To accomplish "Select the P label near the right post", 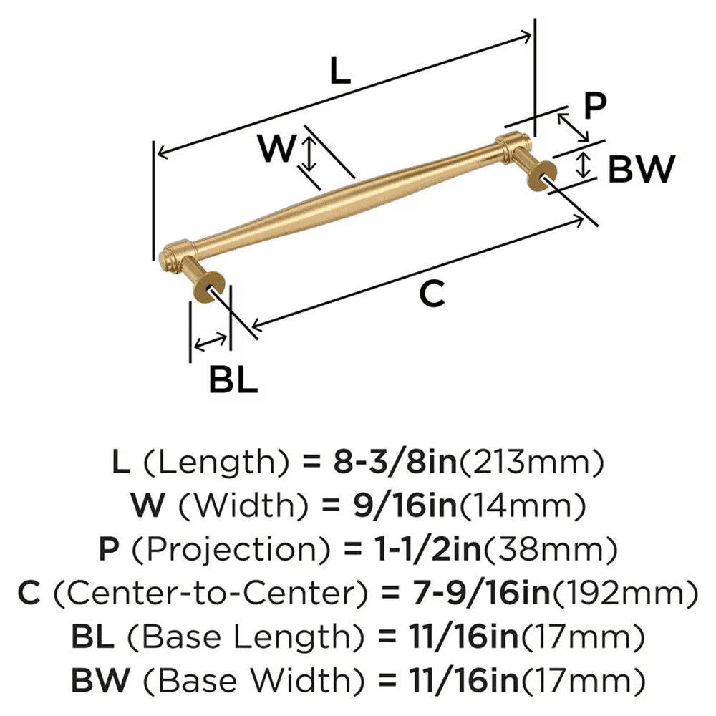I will (x=594, y=106).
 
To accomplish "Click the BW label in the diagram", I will (x=642, y=170).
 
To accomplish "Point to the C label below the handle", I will (x=432, y=294).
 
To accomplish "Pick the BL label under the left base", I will (x=233, y=379).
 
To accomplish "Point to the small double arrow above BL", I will (x=209, y=342).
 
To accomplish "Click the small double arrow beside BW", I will (x=584, y=165).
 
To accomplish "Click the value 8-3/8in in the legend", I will (x=382, y=465).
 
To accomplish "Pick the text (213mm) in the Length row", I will (x=532, y=465).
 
